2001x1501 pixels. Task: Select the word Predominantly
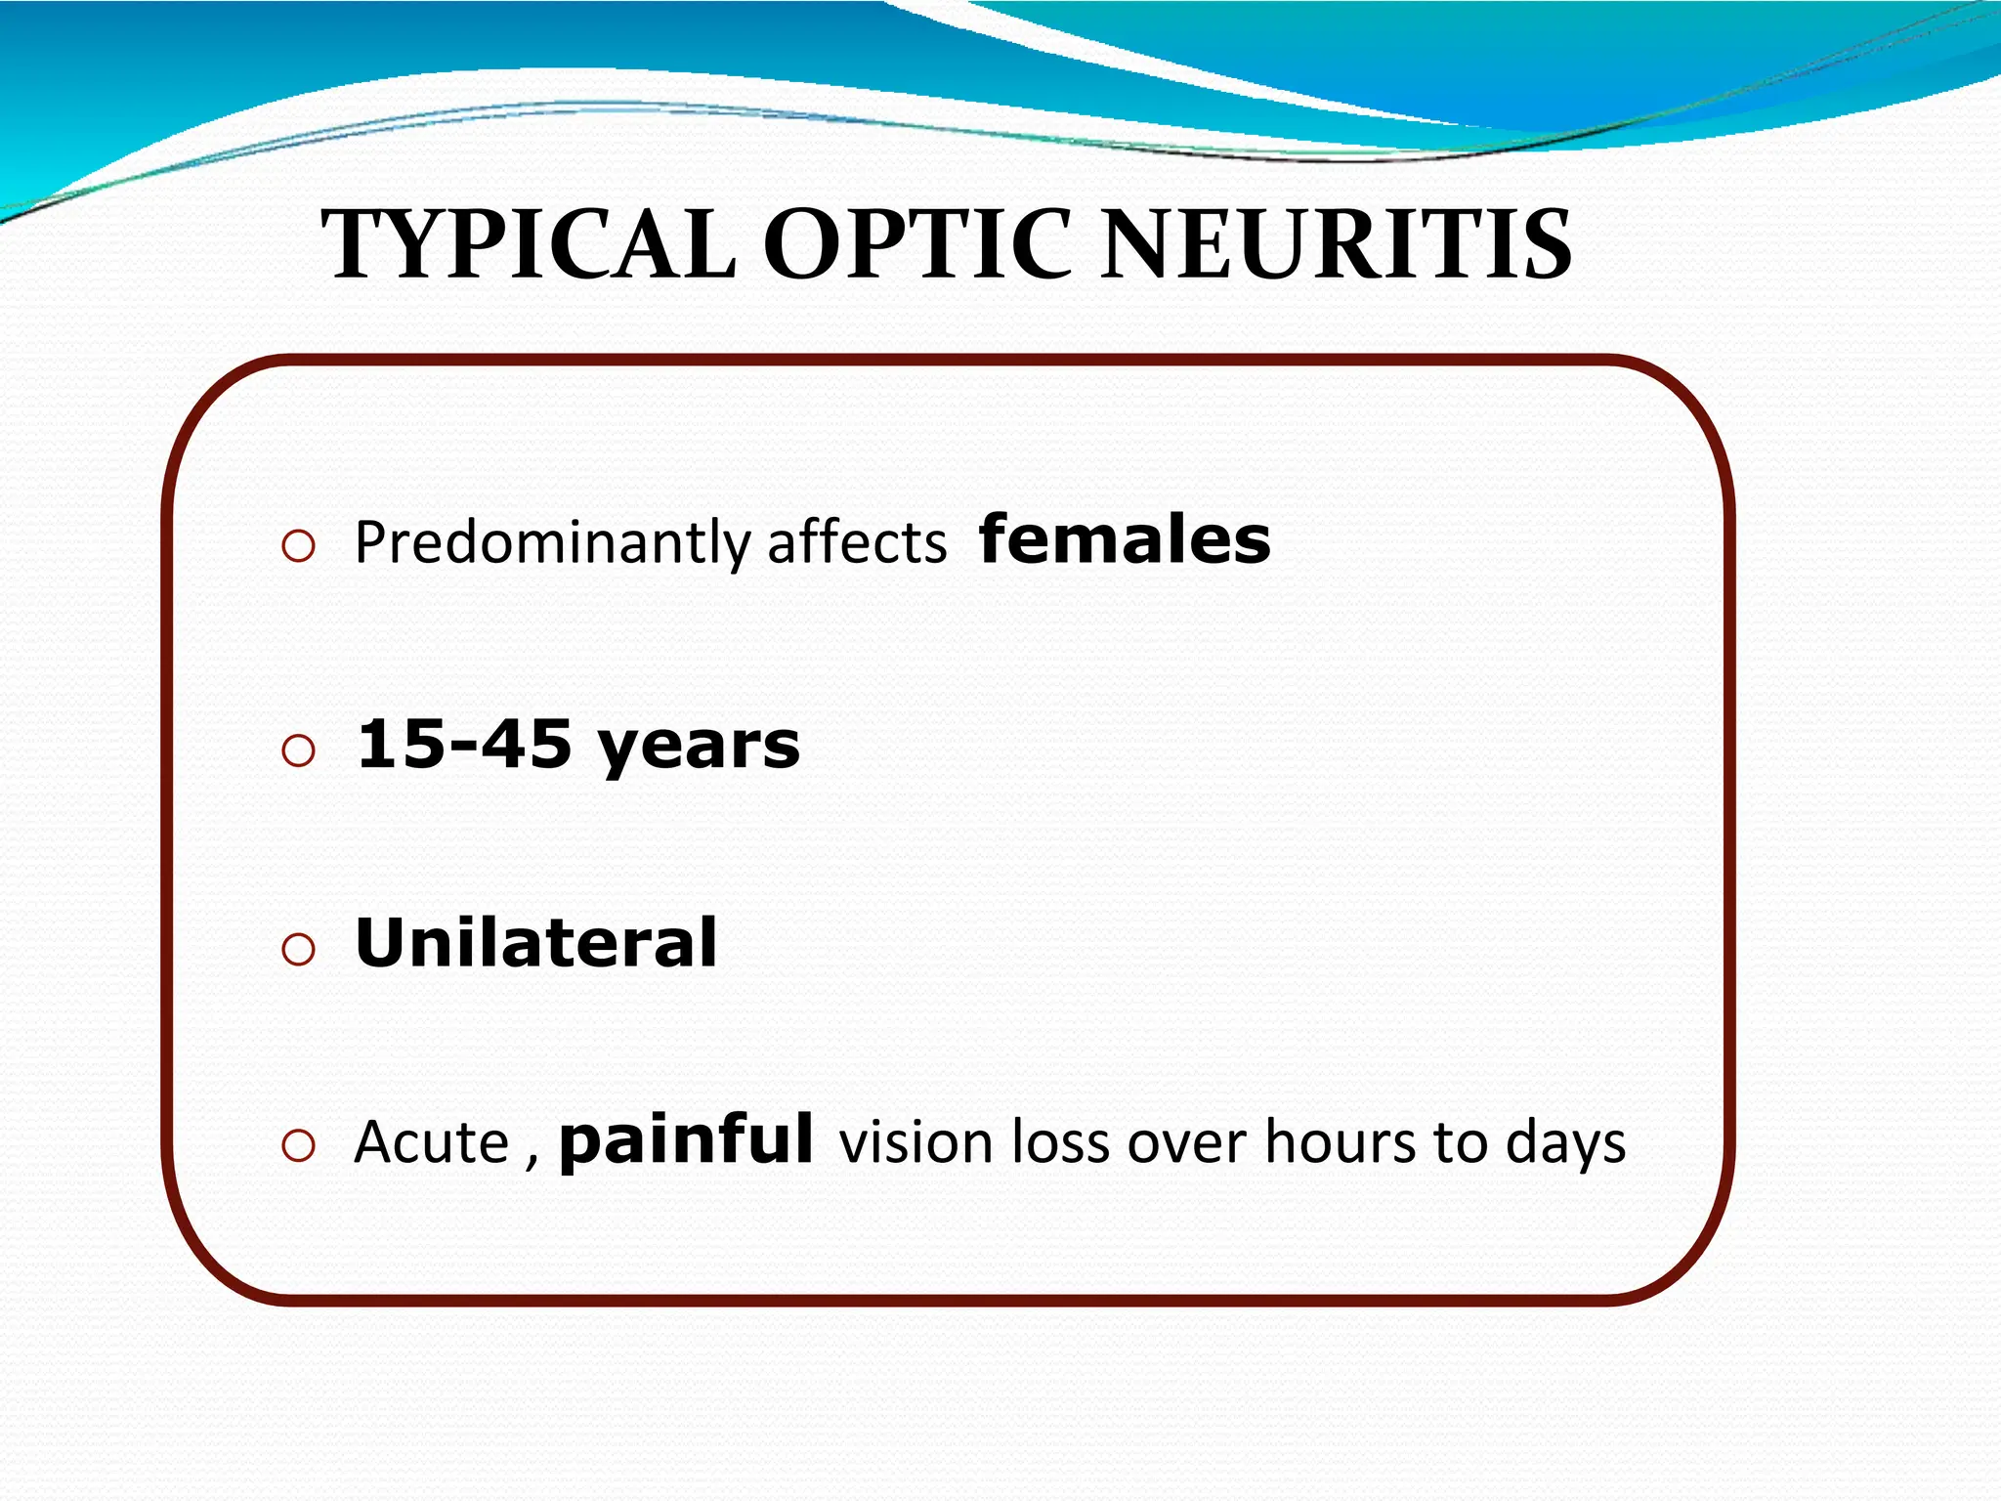[x=552, y=543]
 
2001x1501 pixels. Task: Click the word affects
[x=857, y=543]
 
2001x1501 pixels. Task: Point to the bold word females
[x=1125, y=539]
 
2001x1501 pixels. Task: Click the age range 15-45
[x=464, y=745]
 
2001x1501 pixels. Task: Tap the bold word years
[x=699, y=749]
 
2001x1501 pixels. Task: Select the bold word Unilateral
[x=535, y=943]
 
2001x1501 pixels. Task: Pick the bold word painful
[x=686, y=1140]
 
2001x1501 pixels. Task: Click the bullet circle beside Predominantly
[x=298, y=546]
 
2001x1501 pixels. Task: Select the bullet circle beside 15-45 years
[x=298, y=750]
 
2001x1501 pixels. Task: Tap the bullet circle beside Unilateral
[x=298, y=949]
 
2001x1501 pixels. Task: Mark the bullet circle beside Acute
[x=298, y=1145]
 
